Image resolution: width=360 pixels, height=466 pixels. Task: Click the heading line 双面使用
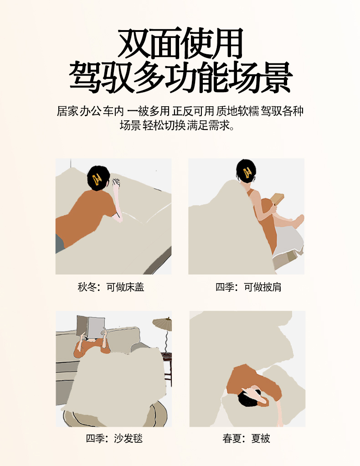tap(180, 43)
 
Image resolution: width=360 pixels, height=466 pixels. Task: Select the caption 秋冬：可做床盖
tap(111, 287)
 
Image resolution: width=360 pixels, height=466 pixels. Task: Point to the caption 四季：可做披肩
tap(248, 287)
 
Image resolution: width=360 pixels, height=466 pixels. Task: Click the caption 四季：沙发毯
tap(114, 438)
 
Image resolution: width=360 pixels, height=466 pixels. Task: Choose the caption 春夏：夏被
tap(246, 438)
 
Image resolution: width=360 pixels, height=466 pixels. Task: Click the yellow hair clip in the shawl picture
tap(247, 172)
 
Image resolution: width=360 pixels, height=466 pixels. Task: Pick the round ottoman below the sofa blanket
tap(115, 414)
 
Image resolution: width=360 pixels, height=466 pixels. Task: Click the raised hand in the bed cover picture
tap(116, 183)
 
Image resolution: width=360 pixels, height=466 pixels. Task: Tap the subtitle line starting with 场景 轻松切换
tap(177, 125)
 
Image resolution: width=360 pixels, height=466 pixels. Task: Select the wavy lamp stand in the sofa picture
tap(166, 342)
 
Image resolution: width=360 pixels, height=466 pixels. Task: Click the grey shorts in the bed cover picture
tap(60, 243)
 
